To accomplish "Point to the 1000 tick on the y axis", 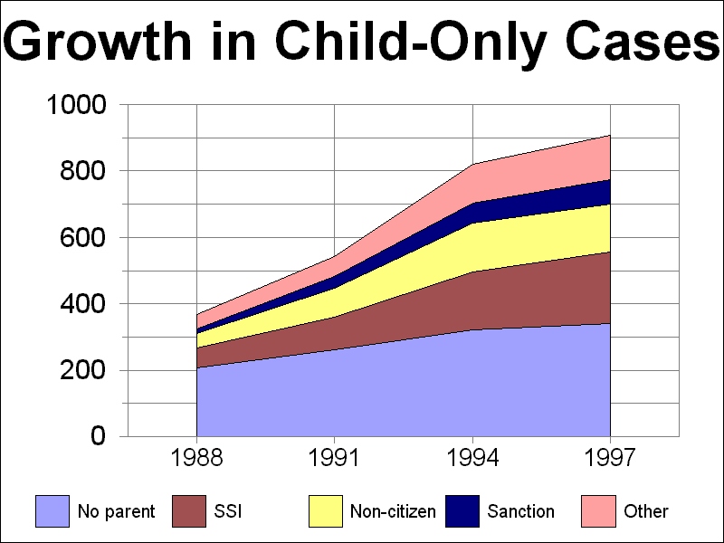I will point(77,105).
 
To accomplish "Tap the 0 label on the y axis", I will point(99,437).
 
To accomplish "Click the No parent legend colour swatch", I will point(52,511).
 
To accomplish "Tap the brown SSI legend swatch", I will point(188,511).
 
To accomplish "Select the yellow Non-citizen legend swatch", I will point(325,511).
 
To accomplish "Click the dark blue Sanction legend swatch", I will point(462,511).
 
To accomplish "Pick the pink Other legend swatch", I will point(598,511).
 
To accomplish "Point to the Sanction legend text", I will point(520,511).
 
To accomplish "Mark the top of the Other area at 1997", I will point(610,136).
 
